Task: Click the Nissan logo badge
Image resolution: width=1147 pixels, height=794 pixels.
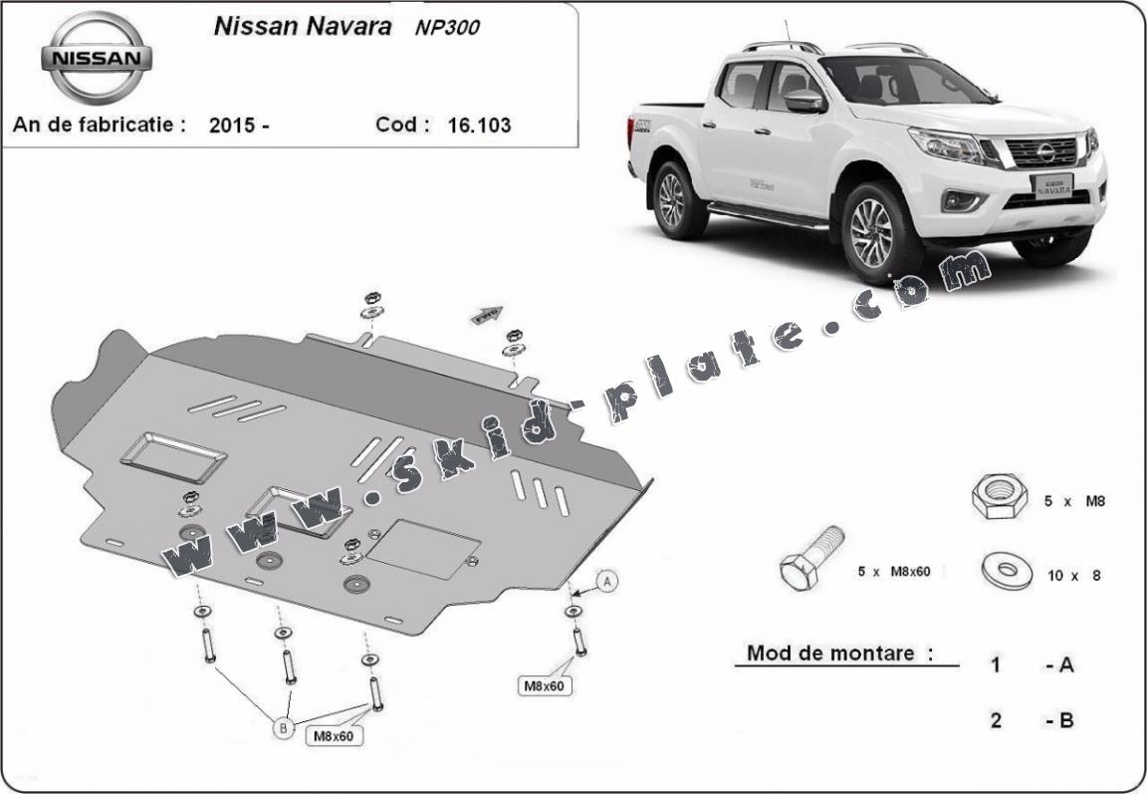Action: point(97,57)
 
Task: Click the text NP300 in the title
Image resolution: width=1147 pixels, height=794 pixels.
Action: point(447,28)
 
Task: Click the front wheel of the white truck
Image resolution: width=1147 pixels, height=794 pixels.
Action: point(872,231)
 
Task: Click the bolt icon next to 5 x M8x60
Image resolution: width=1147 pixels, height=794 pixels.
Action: point(812,558)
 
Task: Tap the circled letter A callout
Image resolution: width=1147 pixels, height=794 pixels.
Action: point(609,579)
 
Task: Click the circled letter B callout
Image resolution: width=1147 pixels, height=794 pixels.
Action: point(285,729)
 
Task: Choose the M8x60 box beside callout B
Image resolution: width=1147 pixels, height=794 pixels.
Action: point(334,736)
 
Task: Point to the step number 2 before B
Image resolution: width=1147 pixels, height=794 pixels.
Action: point(996,720)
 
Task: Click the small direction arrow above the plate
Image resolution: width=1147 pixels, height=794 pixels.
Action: point(487,316)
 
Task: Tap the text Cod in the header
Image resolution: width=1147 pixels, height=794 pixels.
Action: point(401,126)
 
